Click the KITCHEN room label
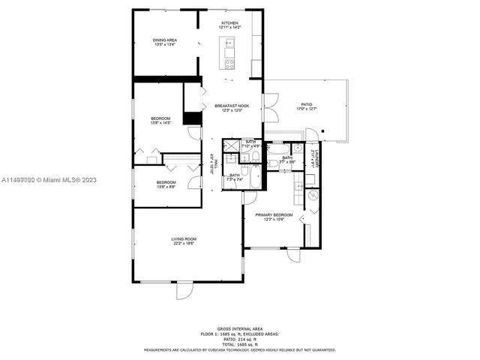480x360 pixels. [229, 23]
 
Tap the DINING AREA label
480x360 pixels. [165, 40]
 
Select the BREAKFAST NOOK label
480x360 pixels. [231, 106]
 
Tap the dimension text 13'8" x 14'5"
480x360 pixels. [161, 123]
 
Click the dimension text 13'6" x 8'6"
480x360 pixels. [166, 186]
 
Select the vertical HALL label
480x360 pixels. [213, 163]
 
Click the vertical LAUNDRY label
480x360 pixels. [318, 158]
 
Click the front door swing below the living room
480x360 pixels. [184, 289]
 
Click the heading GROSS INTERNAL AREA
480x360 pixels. [239, 328]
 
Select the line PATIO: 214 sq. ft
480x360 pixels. [239, 338]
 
